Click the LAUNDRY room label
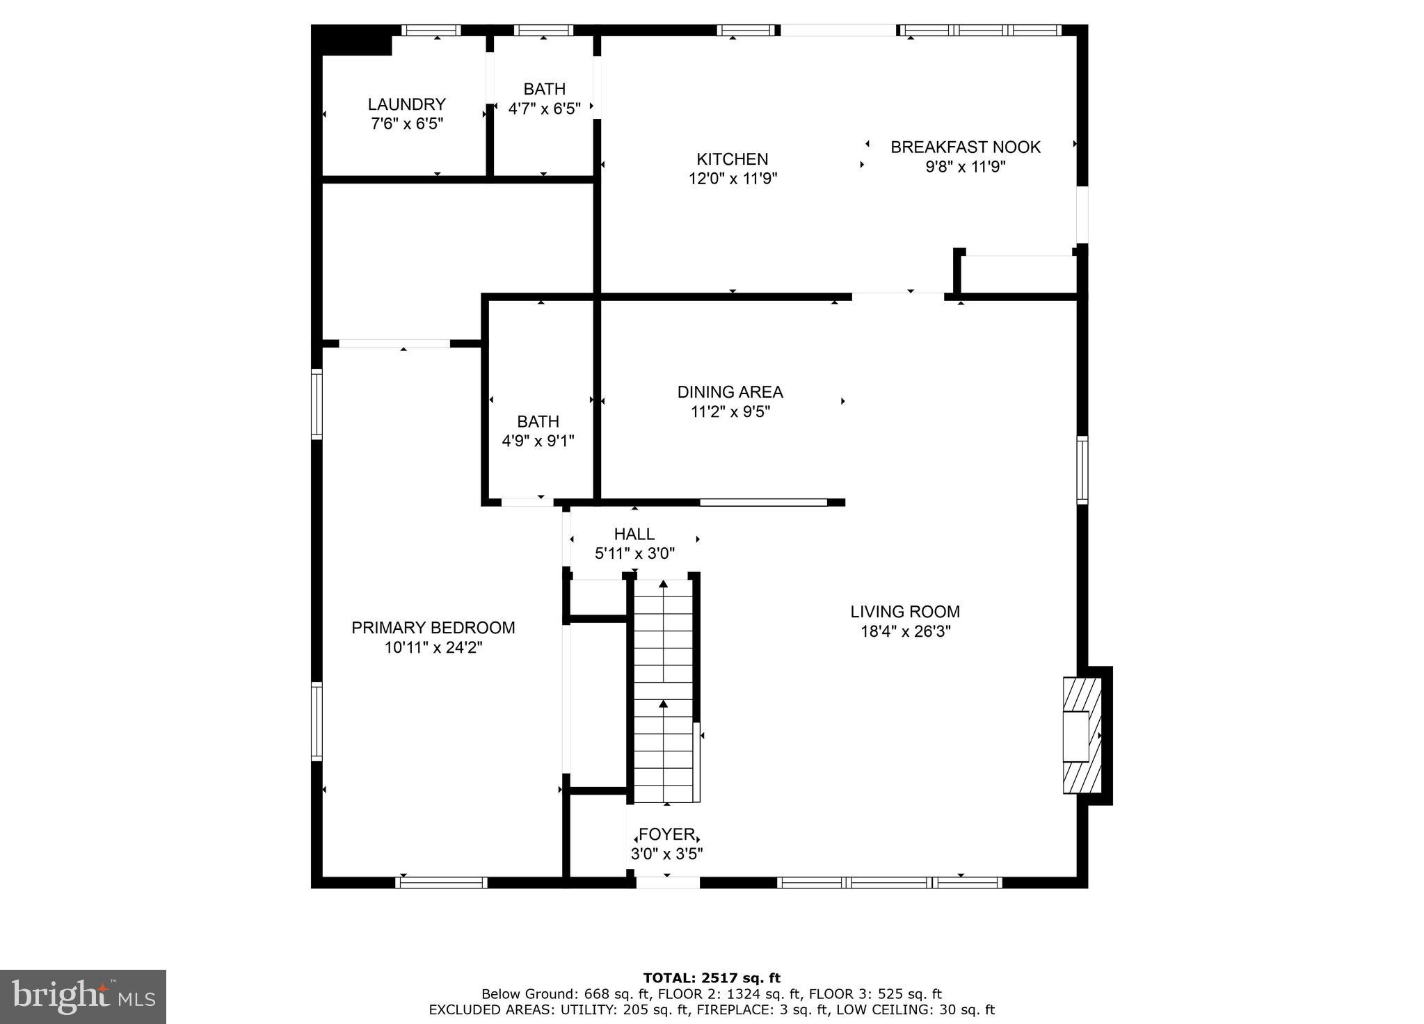click(x=406, y=104)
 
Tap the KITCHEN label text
click(x=732, y=159)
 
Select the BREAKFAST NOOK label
click(x=966, y=147)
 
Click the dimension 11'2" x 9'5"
click(x=730, y=412)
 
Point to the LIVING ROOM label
click(x=904, y=612)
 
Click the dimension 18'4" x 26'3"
click(x=905, y=631)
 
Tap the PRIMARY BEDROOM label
click(x=433, y=628)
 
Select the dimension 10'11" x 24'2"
click(x=433, y=647)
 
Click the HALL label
click(x=634, y=534)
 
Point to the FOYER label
click(x=666, y=834)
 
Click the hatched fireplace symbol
click(x=1082, y=736)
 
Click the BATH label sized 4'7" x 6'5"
click(x=544, y=89)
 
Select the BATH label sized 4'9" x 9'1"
click(x=538, y=421)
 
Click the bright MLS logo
click(x=83, y=997)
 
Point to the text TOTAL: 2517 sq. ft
click(x=711, y=978)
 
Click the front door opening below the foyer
click(x=668, y=883)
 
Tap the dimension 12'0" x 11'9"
click(x=733, y=179)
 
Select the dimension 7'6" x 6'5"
click(x=407, y=124)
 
